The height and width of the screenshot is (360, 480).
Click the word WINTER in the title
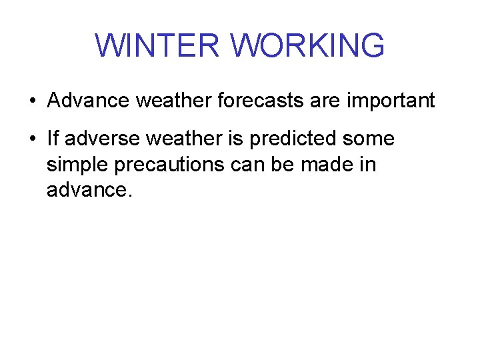157,45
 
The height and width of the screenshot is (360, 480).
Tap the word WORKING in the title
307,45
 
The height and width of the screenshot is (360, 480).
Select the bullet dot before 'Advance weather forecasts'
32,102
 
